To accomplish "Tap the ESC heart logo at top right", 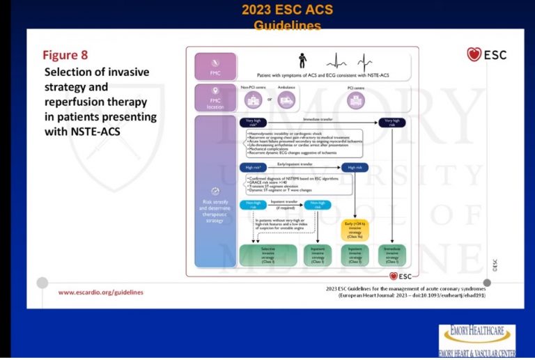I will pyautogui.click(x=486, y=54).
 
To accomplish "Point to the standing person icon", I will pyautogui.click(x=302, y=60).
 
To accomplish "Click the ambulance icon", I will pyautogui.click(x=287, y=100).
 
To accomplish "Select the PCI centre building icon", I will pyautogui.click(x=356, y=100).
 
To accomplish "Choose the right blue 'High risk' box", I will pyautogui.click(x=355, y=168).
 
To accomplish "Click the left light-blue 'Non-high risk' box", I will pyautogui.click(x=253, y=205).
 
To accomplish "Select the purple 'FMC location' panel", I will pyautogui.click(x=206, y=97).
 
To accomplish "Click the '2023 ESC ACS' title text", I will pyautogui.click(x=288, y=10).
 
